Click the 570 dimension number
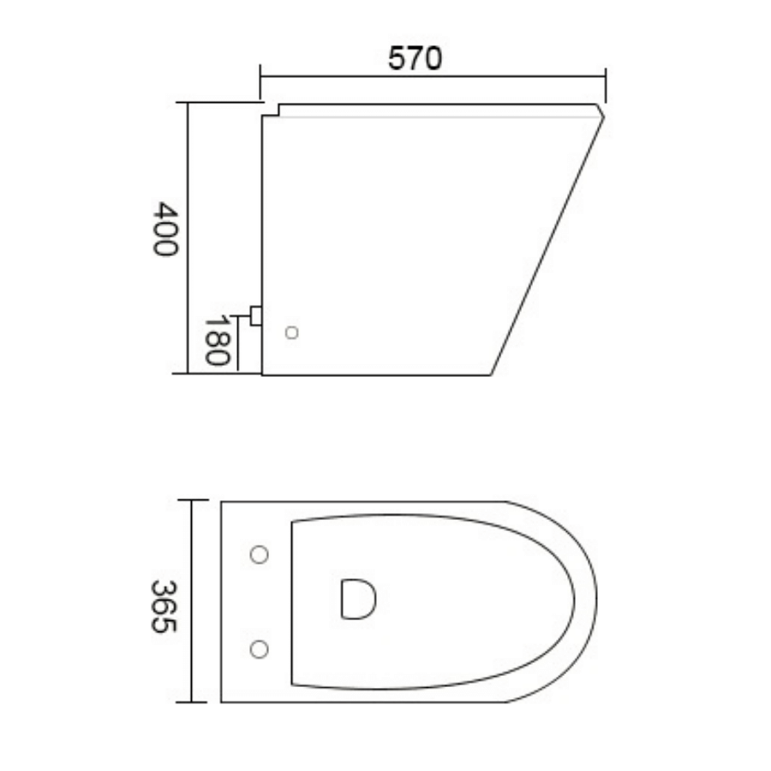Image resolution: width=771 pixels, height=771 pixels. [415, 58]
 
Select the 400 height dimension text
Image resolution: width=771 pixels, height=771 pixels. [164, 229]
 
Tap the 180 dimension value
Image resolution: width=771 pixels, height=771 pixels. [216, 340]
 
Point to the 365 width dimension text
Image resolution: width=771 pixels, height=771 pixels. [164, 607]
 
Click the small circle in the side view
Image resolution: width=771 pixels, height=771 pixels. [291, 333]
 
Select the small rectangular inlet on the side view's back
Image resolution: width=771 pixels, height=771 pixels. [255, 315]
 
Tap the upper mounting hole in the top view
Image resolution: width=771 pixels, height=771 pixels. [258, 555]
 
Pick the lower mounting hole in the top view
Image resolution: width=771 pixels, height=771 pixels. [258, 649]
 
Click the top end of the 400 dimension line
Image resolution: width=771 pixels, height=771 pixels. [188, 102]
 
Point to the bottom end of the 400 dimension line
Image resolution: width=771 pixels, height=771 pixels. [188, 374]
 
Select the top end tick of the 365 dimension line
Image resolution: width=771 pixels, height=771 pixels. [192, 500]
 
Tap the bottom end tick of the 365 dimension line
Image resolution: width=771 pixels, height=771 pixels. [192, 702]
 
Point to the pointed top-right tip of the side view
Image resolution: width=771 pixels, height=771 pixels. [602, 114]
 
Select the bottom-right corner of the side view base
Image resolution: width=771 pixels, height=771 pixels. [492, 374]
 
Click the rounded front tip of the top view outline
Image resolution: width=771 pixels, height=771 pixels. [597, 601]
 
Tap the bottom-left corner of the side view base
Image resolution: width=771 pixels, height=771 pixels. [262, 374]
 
